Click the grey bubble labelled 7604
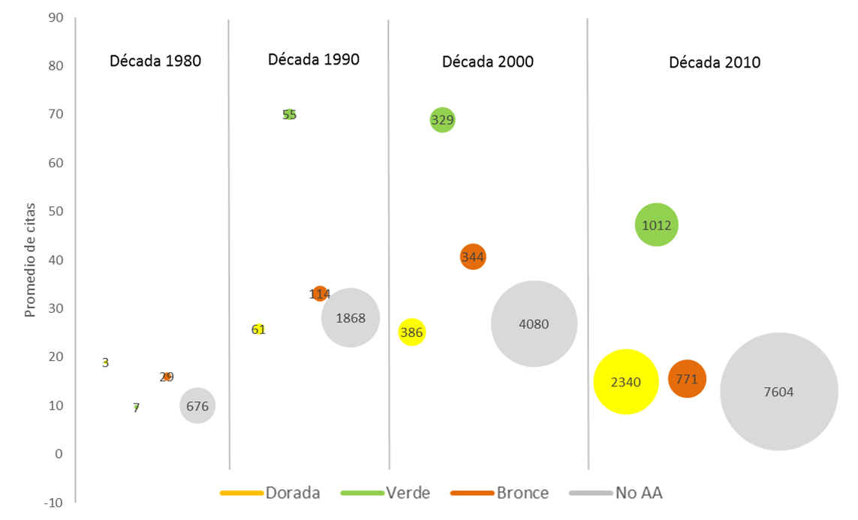[x=778, y=391]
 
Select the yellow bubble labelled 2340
[x=626, y=381]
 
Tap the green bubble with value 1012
[x=657, y=225]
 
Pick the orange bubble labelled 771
[x=687, y=379]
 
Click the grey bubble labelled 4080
[x=534, y=324]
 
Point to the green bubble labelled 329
[x=442, y=119]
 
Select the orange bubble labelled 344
[x=472, y=257]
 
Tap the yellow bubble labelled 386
[x=411, y=332]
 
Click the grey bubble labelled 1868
[x=351, y=317]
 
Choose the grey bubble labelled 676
[x=197, y=406]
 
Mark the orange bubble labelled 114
[x=320, y=293]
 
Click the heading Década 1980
[x=155, y=61]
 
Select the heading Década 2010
[x=715, y=62]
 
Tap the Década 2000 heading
[x=488, y=62]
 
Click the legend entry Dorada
[x=292, y=493]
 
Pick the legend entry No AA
[x=638, y=493]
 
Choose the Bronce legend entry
[x=522, y=493]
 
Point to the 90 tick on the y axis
[x=56, y=17]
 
